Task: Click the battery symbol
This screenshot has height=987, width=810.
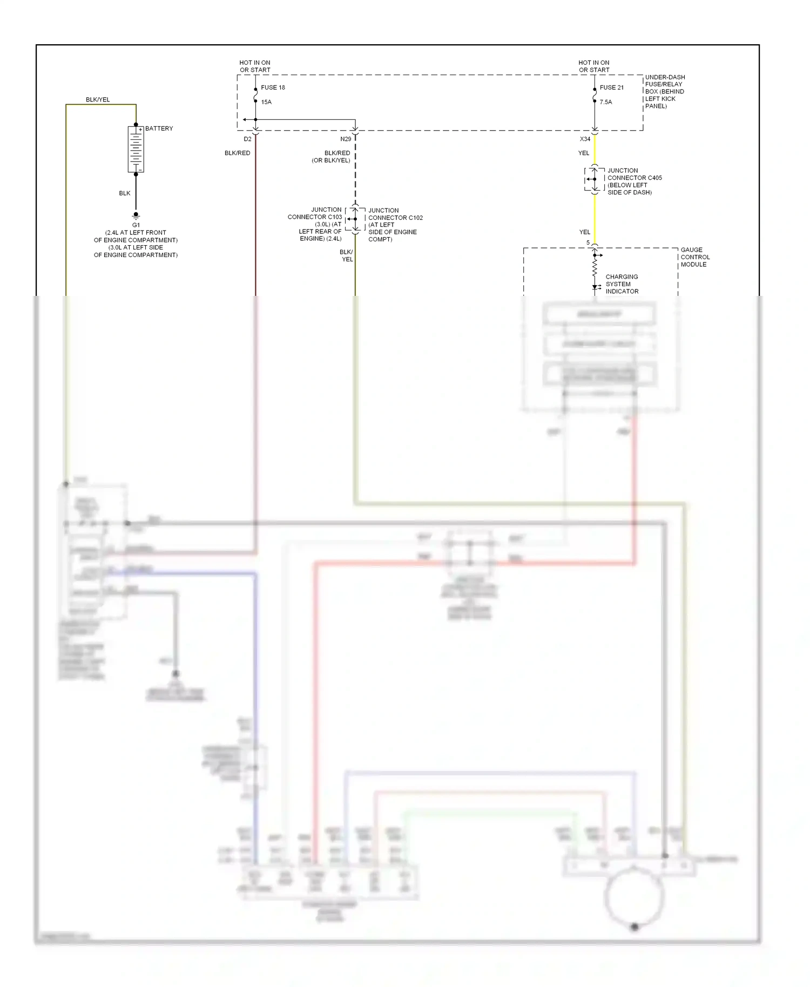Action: (136, 149)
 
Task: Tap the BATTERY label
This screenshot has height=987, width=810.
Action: (159, 129)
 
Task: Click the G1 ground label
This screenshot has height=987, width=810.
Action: (136, 225)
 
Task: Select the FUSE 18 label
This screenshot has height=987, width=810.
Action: (273, 87)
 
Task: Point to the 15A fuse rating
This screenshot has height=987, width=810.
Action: (266, 102)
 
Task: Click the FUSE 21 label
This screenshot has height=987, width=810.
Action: (611, 87)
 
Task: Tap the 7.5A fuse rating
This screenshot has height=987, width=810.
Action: (606, 102)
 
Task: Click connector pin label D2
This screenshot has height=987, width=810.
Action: (247, 139)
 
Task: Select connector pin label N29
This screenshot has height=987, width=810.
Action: (346, 139)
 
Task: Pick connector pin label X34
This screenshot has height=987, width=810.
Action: (585, 139)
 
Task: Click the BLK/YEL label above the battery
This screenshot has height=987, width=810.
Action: (98, 100)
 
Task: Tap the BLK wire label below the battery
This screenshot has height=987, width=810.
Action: (125, 193)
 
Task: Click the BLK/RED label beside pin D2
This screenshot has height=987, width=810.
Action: (237, 153)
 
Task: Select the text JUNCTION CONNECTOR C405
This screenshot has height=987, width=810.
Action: (634, 174)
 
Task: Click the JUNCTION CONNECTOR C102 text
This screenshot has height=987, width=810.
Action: (395, 214)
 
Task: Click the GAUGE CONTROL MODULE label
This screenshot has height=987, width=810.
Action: (694, 257)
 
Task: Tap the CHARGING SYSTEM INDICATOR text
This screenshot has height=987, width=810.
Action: (622, 284)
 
